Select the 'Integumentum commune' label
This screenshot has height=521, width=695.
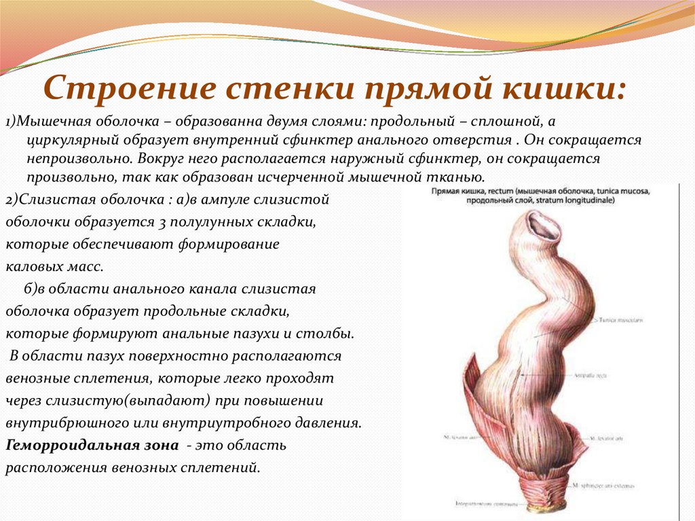pyautogui.click(x=478, y=505)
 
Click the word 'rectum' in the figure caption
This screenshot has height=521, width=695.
pyautogui.click(x=494, y=192)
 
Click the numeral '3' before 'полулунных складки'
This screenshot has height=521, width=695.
pyautogui.click(x=174, y=223)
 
